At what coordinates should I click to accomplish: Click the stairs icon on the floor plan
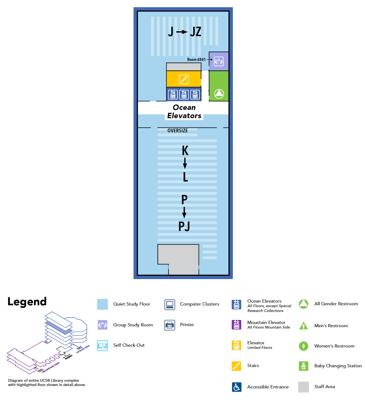184,79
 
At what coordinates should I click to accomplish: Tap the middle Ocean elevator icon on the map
184,95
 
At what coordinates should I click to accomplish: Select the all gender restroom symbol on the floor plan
219,94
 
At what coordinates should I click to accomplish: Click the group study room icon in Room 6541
219,61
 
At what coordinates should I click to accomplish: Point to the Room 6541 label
196,60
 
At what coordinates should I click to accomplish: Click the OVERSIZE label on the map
178,131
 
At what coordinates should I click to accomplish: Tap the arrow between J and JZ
182,32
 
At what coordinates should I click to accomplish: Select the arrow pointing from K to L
185,163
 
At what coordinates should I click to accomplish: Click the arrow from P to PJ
184,212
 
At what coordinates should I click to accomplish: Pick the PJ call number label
184,226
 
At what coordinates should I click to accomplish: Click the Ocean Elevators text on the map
184,112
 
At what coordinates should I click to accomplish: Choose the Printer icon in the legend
170,325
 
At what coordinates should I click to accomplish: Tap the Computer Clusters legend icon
170,304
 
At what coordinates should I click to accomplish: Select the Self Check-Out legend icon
102,345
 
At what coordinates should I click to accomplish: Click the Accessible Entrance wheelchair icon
237,387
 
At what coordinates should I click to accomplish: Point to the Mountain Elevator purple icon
236,325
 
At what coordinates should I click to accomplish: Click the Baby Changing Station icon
303,366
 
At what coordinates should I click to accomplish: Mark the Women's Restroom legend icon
303,346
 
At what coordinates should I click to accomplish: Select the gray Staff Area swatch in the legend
303,387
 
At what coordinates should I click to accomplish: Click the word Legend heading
27,302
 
